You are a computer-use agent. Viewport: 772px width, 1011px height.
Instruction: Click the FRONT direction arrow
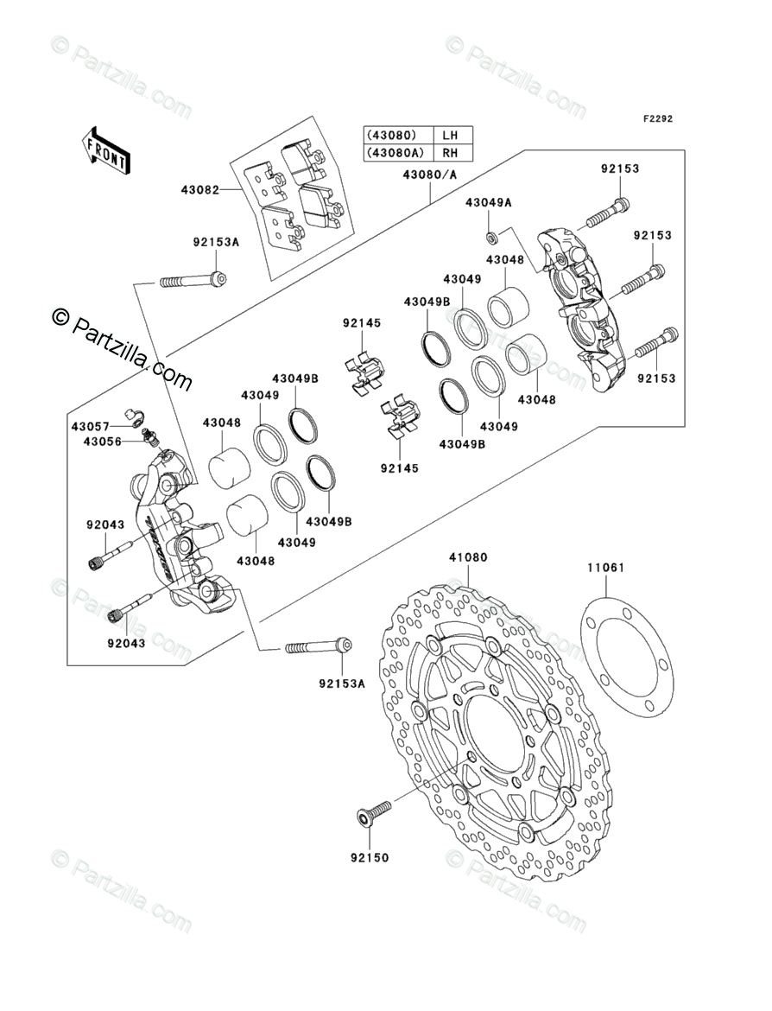tap(106, 149)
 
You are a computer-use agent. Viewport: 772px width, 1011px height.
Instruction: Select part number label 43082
tap(199, 190)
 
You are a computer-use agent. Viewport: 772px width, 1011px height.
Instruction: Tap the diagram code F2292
tap(657, 118)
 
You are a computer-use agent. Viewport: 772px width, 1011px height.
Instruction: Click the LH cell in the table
tap(449, 136)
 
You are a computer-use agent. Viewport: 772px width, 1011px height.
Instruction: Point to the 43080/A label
tap(430, 174)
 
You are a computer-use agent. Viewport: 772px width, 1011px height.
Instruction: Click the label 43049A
tap(489, 202)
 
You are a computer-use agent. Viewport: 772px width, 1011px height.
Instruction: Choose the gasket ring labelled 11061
tap(628, 653)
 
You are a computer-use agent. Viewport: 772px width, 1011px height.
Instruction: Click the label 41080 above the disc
tap(468, 557)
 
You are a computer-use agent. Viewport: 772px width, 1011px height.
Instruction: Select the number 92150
tap(370, 857)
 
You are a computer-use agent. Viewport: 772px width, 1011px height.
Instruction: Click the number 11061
tap(605, 568)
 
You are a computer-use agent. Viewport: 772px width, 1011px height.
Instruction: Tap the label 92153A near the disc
tap(342, 684)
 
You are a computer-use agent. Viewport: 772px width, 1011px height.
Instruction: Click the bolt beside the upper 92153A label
tap(193, 281)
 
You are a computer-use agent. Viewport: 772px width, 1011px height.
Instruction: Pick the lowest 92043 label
tap(126, 643)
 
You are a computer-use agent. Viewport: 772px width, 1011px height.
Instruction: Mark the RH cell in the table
tap(449, 153)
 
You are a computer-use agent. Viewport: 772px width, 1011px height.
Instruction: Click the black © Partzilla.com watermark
tap(123, 348)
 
